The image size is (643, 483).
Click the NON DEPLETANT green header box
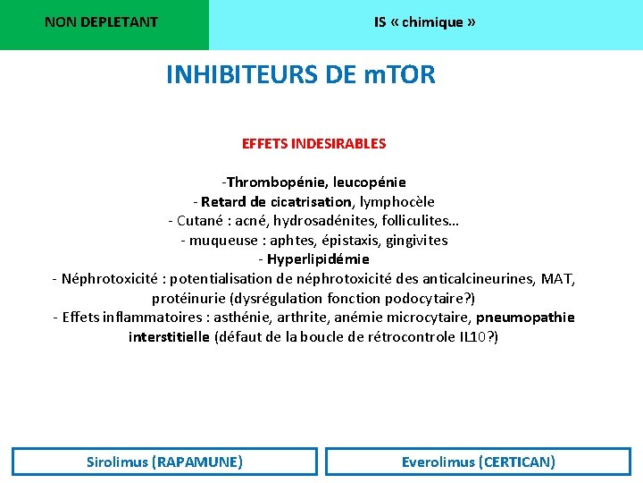(102, 22)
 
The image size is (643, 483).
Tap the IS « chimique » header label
(424, 22)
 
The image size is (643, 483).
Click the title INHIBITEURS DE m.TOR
(301, 75)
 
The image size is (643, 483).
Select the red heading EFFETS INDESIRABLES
(313, 143)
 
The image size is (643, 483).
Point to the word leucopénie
(370, 182)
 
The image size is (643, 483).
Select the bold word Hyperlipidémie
(318, 259)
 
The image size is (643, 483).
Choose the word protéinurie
(188, 299)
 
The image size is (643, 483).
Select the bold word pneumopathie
(525, 318)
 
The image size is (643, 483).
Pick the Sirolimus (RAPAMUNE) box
(164, 462)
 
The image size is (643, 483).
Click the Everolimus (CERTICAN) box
(478, 462)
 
